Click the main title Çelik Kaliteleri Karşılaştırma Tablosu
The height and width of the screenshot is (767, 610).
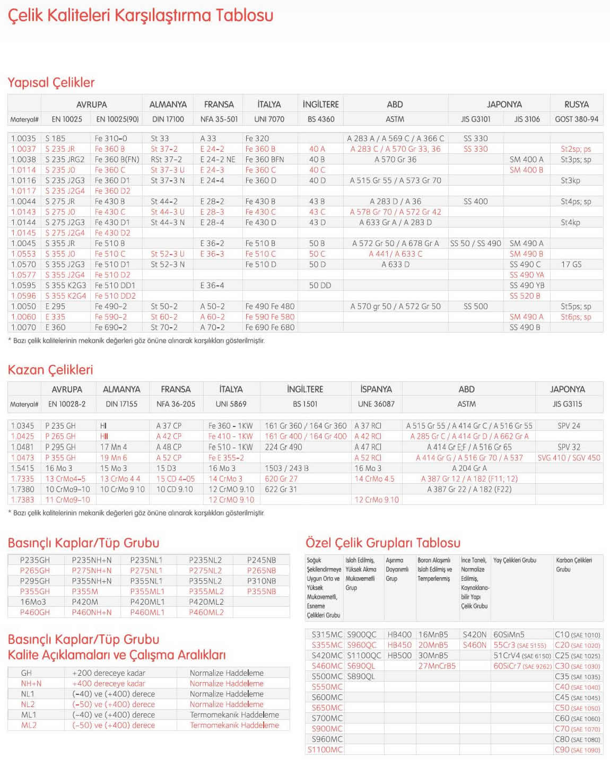click(140, 15)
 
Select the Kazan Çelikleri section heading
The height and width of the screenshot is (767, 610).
click(50, 370)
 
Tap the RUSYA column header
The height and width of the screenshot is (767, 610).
click(576, 104)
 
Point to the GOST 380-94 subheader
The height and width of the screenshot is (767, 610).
click(576, 119)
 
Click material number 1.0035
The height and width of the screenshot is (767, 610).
click(23, 138)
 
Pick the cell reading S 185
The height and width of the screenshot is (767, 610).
click(55, 138)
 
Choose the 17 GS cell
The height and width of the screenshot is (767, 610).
click(571, 264)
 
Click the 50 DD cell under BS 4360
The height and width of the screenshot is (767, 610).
click(320, 285)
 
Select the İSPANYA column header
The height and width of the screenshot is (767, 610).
click(376, 389)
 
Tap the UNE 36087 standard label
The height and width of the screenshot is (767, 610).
click(376, 404)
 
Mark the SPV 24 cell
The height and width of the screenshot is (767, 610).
click(569, 426)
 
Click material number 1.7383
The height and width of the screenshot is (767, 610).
click(22, 500)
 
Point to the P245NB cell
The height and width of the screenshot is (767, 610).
click(261, 560)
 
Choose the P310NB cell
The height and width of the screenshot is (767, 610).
click(261, 581)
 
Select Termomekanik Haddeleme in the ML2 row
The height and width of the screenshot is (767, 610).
click(234, 725)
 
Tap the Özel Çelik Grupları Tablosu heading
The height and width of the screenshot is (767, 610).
click(382, 543)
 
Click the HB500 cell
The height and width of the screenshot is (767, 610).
click(399, 656)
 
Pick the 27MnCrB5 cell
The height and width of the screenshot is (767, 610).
click(437, 666)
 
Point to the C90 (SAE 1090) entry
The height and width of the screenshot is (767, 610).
click(577, 750)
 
